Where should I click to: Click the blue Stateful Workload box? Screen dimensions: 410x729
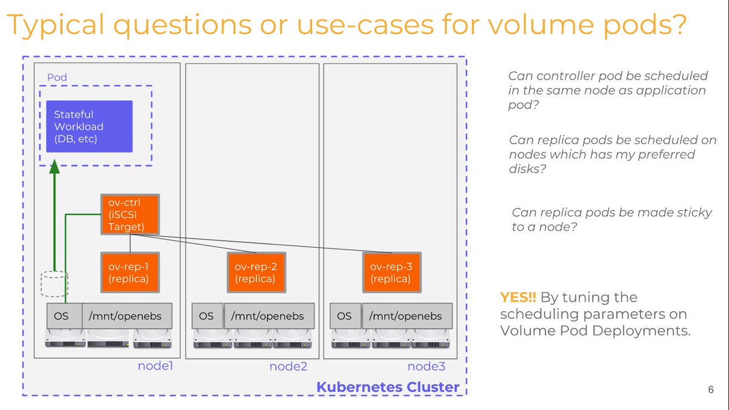[89, 126]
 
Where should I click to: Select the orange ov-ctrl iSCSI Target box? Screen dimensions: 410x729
[129, 214]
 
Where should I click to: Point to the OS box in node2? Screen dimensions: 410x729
[207, 316]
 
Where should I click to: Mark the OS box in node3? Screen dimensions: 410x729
[344, 316]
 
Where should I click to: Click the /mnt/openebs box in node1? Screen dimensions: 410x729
[127, 316]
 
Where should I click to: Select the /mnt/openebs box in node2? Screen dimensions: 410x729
[269, 316]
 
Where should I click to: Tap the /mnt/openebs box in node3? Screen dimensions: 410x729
[406, 316]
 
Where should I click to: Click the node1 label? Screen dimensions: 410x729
[156, 366]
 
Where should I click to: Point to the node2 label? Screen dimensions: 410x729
[288, 366]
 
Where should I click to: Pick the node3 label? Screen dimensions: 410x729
[426, 366]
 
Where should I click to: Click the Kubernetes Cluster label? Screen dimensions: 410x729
[388, 387]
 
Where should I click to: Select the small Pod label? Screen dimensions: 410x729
[57, 78]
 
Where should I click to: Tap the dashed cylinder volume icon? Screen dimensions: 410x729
[54, 284]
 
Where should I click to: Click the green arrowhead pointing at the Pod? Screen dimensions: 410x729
[55, 166]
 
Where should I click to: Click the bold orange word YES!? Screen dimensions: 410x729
[518, 297]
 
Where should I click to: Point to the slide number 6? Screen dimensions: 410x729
[710, 389]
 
